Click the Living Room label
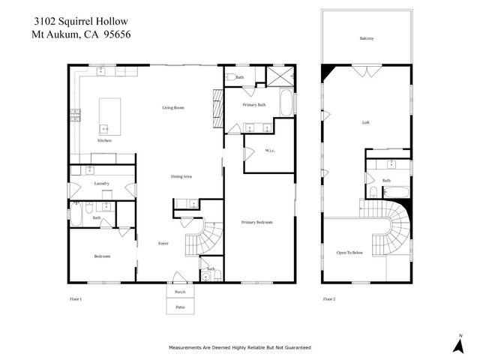coord(173,108)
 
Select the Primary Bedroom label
coord(256,223)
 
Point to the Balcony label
coord(367,38)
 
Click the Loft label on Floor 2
coord(365,122)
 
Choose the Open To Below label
coord(349,253)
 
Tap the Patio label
coord(180,307)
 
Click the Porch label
coord(180,292)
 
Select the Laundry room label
coord(102,184)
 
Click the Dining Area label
coord(182,176)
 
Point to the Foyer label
coord(163,244)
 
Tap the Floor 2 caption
coord(329,298)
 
